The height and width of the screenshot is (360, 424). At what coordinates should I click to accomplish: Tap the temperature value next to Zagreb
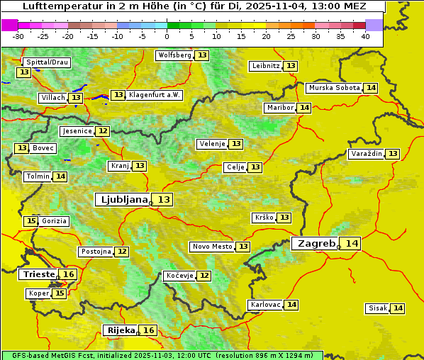pos(352,244)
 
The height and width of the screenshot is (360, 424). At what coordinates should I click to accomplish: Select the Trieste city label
pos(39,274)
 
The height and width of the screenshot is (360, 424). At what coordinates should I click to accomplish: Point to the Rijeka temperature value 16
pos(148,330)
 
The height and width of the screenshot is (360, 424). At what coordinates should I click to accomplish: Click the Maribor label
pos(279,108)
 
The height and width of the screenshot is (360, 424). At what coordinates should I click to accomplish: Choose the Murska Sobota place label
pos(334,88)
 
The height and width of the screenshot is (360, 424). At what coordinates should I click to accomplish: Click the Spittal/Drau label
pos(47,62)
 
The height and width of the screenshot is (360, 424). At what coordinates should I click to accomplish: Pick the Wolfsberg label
pos(174,55)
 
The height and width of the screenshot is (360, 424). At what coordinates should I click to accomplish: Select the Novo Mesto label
pos(212,247)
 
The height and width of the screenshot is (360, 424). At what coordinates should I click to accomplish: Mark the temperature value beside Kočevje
pos(204,276)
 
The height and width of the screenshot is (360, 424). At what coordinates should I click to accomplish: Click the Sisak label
pos(377,308)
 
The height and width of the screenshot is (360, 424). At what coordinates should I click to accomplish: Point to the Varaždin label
pos(366,154)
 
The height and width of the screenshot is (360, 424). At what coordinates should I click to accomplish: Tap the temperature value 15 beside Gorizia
pos(30,221)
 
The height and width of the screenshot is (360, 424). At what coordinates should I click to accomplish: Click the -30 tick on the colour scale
pos(18,36)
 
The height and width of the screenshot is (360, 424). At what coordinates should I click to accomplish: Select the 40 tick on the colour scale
pos(365,36)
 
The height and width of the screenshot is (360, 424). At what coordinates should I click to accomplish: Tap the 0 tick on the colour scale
pos(167,36)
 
